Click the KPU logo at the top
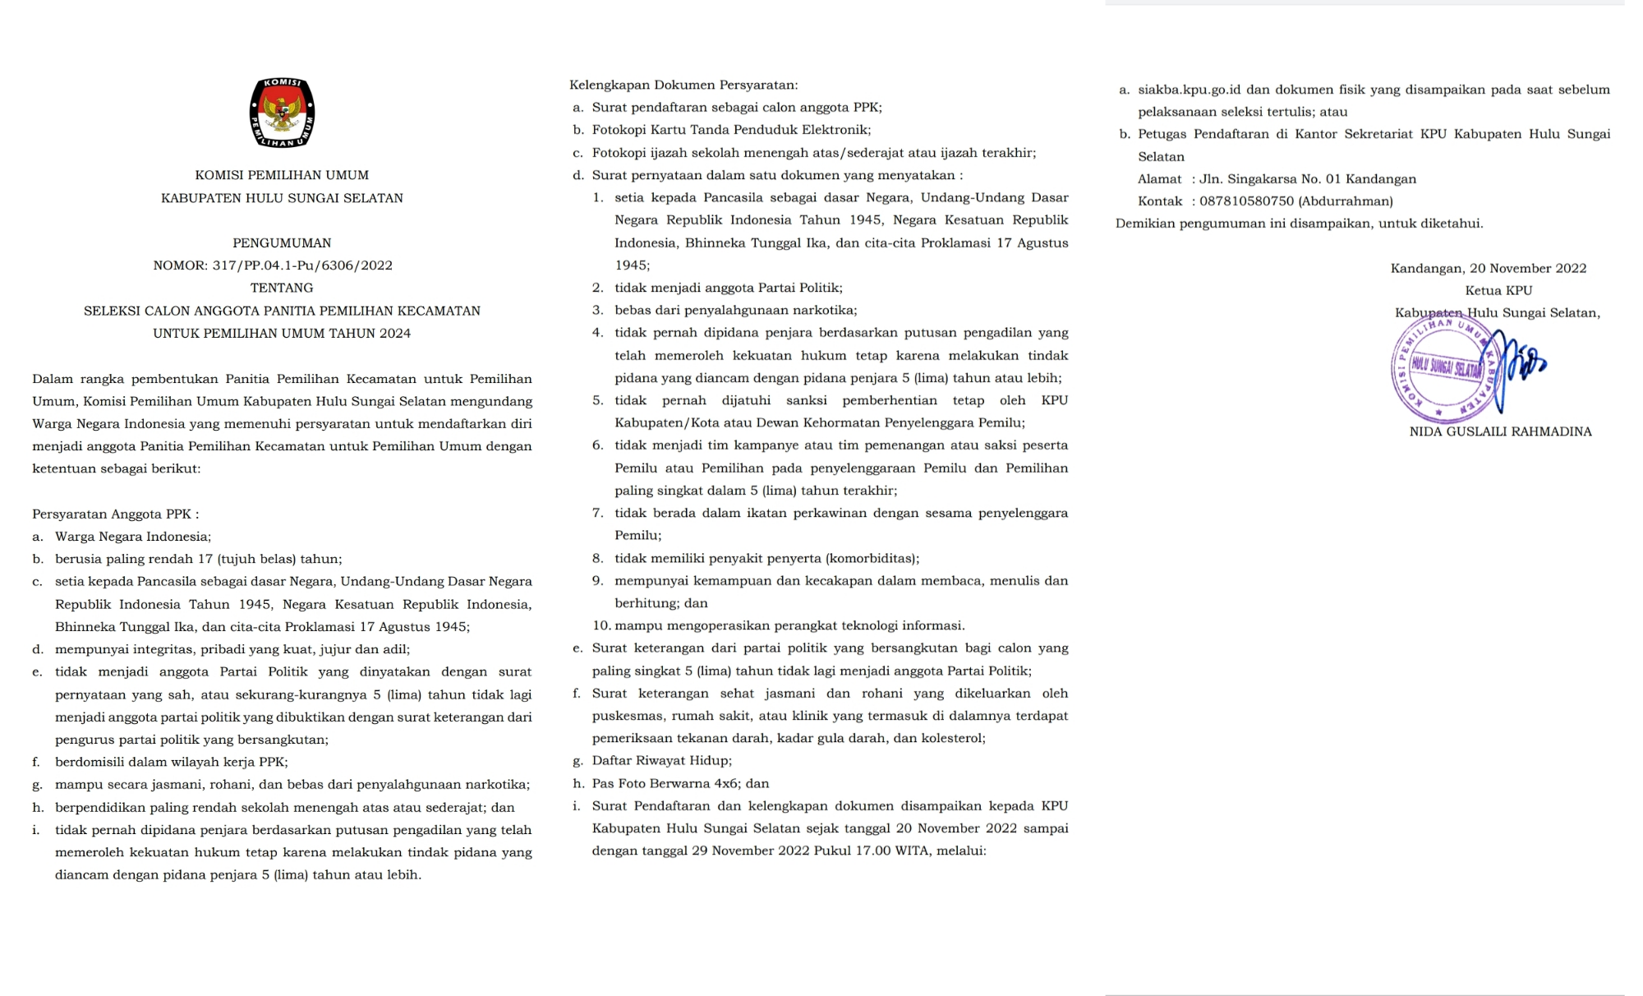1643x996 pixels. (x=282, y=113)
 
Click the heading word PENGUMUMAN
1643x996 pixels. (x=282, y=243)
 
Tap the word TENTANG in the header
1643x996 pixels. (x=282, y=288)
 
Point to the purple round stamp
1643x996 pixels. (x=1443, y=368)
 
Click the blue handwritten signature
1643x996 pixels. (x=1516, y=366)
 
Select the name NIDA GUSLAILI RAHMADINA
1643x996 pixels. (x=1500, y=431)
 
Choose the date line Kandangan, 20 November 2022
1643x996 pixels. (x=1488, y=269)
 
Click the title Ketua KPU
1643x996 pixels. (x=1498, y=291)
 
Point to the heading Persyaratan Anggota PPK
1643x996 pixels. (x=115, y=514)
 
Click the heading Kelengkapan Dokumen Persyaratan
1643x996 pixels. (x=683, y=85)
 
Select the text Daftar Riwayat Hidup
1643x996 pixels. (x=661, y=761)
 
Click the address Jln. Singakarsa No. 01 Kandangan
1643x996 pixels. (x=1308, y=179)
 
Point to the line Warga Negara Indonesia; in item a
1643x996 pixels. (x=133, y=537)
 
